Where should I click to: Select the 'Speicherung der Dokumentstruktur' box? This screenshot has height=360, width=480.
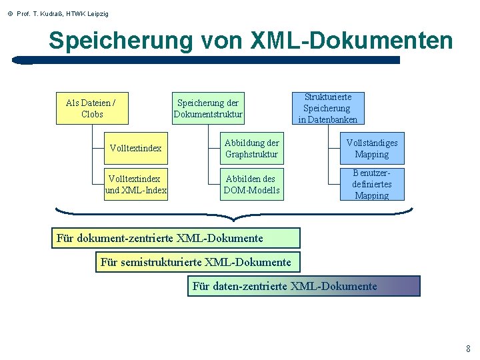click(x=208, y=108)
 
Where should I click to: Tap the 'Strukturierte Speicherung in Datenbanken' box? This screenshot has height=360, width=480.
click(x=327, y=108)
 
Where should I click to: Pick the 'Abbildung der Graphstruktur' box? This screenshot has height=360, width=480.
click(x=251, y=149)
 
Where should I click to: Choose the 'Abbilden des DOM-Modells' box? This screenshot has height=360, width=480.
click(x=251, y=184)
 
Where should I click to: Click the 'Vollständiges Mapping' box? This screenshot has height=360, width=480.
click(x=371, y=149)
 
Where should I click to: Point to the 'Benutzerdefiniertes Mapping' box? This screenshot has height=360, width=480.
click(x=371, y=184)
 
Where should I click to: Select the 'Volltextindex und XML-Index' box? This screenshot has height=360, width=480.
click(x=136, y=184)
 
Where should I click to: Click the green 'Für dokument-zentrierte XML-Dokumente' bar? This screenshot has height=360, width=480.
click(x=176, y=238)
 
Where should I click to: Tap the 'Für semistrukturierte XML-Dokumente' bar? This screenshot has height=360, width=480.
click(x=198, y=262)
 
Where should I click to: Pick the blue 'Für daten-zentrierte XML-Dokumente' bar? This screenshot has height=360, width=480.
click(x=303, y=286)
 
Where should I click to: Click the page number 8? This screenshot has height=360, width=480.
click(x=468, y=349)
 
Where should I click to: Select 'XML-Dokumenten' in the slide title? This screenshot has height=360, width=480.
click(x=351, y=41)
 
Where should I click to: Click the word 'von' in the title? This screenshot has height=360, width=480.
click(x=222, y=41)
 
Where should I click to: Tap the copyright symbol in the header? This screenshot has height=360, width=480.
click(x=9, y=13)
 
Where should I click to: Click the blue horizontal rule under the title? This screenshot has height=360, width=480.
click(x=207, y=60)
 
